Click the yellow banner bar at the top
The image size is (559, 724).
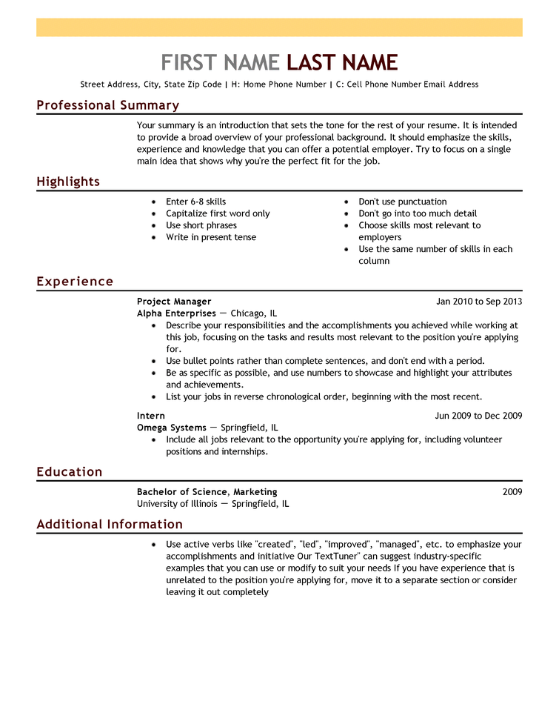click(279, 27)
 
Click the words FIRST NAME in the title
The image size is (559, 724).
click(220, 62)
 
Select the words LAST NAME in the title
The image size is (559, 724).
click(342, 62)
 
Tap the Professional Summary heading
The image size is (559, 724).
click(107, 105)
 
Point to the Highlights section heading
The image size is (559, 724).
click(68, 182)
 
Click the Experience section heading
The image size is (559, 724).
click(75, 282)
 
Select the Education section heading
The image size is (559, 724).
click(70, 472)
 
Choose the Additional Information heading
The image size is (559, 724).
click(110, 525)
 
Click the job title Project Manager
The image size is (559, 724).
click(174, 302)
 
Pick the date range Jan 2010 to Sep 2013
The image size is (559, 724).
click(479, 302)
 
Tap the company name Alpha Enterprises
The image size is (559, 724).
click(176, 313)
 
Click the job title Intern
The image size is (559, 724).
click(151, 416)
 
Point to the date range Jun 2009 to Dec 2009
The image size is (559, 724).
click(478, 416)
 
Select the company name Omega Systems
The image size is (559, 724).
click(172, 428)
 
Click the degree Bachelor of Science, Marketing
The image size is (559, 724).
click(207, 492)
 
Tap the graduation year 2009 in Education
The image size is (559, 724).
click(512, 492)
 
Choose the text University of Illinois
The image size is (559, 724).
click(177, 504)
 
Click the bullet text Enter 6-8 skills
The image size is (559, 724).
click(196, 202)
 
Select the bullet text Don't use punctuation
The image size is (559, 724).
click(403, 202)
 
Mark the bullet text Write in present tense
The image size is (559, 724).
click(211, 237)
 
